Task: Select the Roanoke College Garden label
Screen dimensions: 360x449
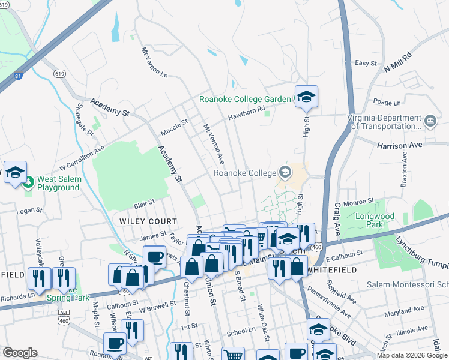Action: pos(246,100)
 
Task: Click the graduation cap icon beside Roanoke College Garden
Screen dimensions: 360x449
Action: pos(306,97)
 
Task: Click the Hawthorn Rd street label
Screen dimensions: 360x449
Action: pos(246,113)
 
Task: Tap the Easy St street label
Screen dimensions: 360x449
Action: pos(366,63)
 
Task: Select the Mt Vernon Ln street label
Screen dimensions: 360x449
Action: pos(154,62)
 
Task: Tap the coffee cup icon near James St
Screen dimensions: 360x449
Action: pos(154,257)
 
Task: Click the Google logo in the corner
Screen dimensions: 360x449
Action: pos(20,353)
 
